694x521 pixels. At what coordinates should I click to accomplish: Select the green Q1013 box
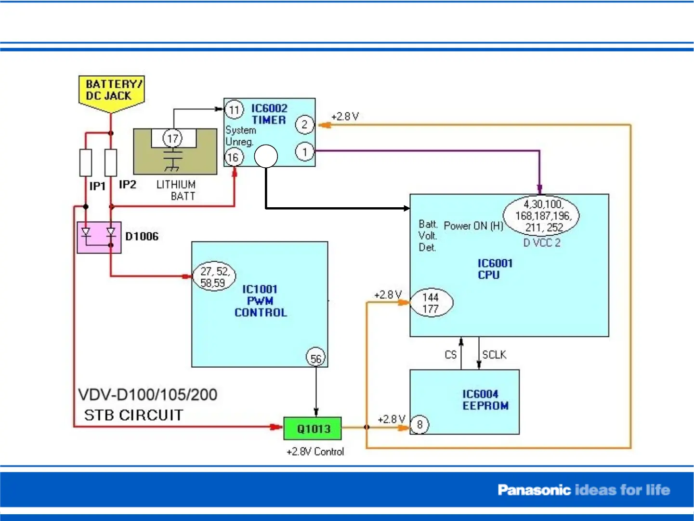point(313,428)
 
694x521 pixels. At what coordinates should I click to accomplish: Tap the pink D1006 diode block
point(99,237)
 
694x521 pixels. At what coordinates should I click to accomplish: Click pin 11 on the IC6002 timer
point(234,110)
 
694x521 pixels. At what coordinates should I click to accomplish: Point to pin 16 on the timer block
point(234,157)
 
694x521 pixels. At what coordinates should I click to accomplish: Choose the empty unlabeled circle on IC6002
point(266,156)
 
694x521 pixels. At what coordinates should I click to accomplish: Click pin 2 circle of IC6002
point(304,125)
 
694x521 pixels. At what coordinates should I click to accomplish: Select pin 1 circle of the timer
point(304,152)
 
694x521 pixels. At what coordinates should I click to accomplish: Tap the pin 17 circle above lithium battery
point(172,139)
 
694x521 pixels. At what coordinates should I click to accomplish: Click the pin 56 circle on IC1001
point(316,358)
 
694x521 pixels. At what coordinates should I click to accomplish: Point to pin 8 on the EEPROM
point(419,425)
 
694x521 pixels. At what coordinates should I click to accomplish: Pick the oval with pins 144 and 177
point(431,303)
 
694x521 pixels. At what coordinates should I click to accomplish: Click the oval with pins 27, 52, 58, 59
point(214,277)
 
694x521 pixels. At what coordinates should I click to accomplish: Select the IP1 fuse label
point(97,186)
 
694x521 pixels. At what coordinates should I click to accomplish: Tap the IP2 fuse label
point(128,185)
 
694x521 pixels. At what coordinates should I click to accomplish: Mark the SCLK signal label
point(494,355)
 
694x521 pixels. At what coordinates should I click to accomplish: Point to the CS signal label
point(450,355)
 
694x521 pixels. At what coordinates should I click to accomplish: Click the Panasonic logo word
point(534,490)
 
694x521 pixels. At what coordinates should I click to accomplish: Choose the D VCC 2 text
point(542,243)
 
